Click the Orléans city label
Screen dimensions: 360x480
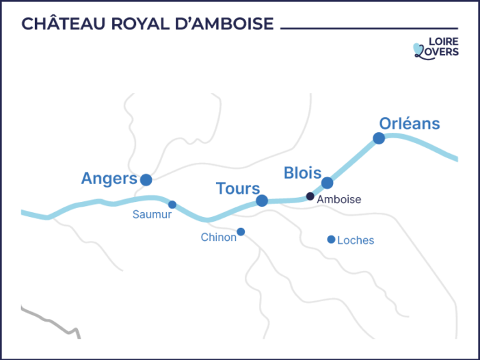point(410,124)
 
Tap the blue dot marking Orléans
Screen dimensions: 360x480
point(379,138)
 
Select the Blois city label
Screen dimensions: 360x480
point(302,172)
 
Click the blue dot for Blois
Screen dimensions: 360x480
point(328,183)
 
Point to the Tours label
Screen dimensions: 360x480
point(238,188)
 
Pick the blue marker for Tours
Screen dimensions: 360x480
point(262,201)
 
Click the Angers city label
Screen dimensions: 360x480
point(109,179)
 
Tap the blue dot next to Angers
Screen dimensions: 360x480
point(146,180)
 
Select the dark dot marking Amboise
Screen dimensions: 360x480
point(310,196)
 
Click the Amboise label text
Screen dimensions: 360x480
point(338,199)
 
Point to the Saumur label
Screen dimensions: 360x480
point(152,214)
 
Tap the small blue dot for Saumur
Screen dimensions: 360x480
point(172,205)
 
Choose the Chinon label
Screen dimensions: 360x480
point(218,237)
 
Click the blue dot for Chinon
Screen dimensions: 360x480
point(241,231)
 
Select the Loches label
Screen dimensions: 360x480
point(356,240)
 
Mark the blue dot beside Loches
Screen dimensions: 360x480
point(331,240)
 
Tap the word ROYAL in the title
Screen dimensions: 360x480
point(140,24)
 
